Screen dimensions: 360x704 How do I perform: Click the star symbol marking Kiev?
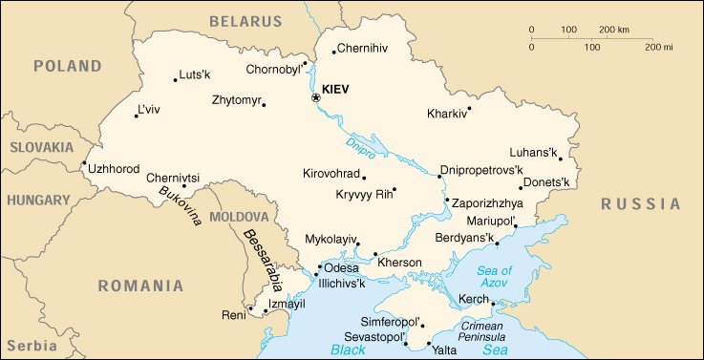coord(316,97)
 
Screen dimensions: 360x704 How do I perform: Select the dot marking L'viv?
coord(136,116)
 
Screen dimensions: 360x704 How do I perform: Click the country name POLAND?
coord(67,66)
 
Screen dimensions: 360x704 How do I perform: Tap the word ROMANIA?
coord(139,286)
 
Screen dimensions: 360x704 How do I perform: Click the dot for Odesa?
coord(319,267)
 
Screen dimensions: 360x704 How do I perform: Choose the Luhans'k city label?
coord(533,152)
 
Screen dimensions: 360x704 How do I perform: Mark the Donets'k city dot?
coord(522,187)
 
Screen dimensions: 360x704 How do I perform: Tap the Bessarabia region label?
coord(261,259)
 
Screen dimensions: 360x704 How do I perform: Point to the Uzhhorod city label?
coord(114,168)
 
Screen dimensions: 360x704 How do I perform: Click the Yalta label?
coord(444,350)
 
